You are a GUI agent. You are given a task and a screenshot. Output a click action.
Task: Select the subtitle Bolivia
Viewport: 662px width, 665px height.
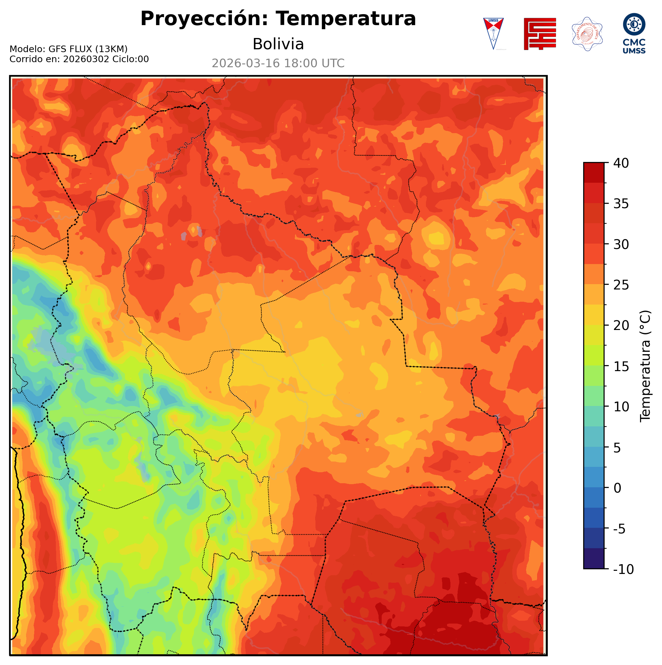pyautogui.click(x=278, y=44)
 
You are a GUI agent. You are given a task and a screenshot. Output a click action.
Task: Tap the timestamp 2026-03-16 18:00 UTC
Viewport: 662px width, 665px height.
pyautogui.click(x=278, y=63)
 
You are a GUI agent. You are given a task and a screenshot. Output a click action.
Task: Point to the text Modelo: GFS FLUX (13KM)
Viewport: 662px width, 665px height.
pyautogui.click(x=68, y=49)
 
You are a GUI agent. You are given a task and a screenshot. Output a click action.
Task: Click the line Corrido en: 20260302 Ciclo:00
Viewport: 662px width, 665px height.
pyautogui.click(x=79, y=59)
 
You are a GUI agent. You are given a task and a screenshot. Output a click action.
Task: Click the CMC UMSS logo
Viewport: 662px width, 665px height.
pyautogui.click(x=634, y=33)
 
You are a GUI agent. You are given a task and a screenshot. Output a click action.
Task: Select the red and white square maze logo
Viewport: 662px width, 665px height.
pyautogui.click(x=540, y=34)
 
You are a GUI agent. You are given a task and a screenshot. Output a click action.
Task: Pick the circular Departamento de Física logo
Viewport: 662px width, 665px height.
pyautogui.click(x=587, y=34)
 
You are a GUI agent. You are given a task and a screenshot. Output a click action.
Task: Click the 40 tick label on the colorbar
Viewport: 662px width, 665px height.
pyautogui.click(x=621, y=163)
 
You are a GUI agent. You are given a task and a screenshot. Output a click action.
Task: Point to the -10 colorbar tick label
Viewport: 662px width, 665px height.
pyautogui.click(x=623, y=570)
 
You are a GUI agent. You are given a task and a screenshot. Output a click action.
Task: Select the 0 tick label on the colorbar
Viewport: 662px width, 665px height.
pyautogui.click(x=618, y=488)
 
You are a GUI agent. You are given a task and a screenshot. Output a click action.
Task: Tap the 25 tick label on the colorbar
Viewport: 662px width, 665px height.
pyautogui.click(x=621, y=285)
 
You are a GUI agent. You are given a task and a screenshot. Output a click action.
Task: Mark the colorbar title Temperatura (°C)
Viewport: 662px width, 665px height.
pyautogui.click(x=645, y=366)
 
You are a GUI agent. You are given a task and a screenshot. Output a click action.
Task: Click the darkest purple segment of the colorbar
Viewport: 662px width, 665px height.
pyautogui.click(x=594, y=559)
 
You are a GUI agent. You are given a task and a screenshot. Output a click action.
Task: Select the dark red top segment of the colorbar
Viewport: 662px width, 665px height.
pyautogui.click(x=594, y=172)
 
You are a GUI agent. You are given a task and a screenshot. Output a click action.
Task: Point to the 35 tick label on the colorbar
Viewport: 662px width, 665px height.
pyautogui.click(x=621, y=204)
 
